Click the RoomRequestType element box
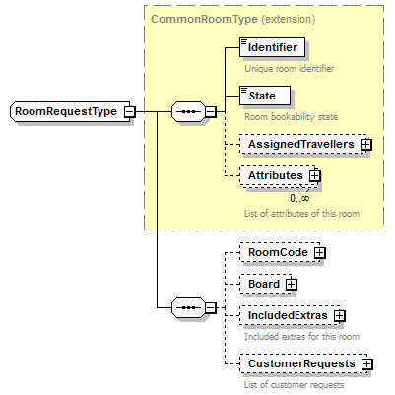(65, 111)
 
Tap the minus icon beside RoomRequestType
(130, 111)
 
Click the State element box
(264, 96)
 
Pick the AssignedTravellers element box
(299, 144)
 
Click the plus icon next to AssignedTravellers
(366, 144)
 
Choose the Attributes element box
(274, 176)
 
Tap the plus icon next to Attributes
(315, 176)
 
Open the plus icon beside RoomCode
(319, 253)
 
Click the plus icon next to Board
(292, 284)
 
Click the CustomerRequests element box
(299, 364)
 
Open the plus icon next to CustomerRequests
(366, 364)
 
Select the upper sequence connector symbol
(186, 111)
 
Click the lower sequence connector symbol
(186, 308)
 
